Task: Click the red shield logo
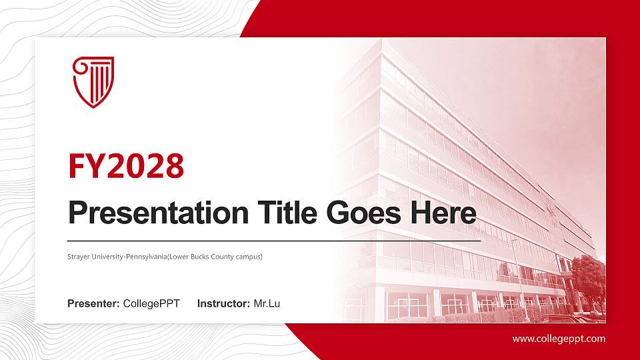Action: (93, 81)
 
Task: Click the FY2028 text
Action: (126, 166)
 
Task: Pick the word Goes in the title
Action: (358, 213)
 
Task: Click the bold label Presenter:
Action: (93, 304)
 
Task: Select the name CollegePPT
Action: (151, 304)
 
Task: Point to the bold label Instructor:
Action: (224, 304)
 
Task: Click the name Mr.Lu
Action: (267, 304)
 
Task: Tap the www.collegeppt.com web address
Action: (559, 339)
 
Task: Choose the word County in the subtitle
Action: (213, 256)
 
